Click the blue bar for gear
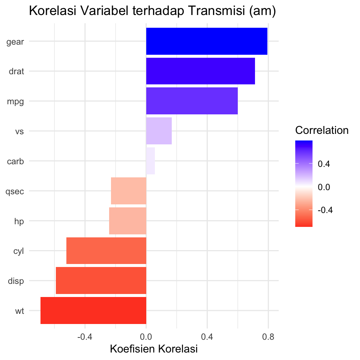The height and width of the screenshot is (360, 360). tap(207, 41)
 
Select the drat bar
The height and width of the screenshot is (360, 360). tap(200, 71)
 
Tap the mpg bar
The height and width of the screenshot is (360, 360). tap(192, 101)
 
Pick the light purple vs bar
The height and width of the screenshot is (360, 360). tap(159, 131)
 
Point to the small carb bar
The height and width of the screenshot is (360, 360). tap(150, 161)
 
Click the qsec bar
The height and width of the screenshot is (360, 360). tap(129, 191)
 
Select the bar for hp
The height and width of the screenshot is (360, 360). tap(127, 221)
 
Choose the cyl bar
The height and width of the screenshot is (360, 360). tap(106, 250)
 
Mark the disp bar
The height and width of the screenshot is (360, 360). tap(101, 280)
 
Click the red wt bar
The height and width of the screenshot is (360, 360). tap(93, 310)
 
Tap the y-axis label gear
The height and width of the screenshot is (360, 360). tap(15, 42)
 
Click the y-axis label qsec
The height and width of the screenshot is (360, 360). tap(15, 192)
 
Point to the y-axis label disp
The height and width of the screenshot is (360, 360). tap(16, 281)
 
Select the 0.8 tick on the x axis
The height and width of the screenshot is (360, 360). tap(268, 337)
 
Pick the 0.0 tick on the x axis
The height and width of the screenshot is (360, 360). tap(146, 337)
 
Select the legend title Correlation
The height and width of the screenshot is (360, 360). tap(322, 130)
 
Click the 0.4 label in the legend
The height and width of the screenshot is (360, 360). tap(325, 164)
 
